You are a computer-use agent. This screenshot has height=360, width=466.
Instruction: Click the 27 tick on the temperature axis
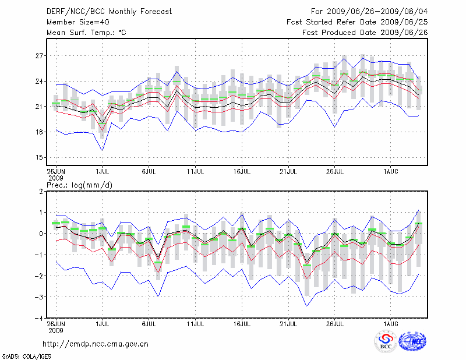click(x=39, y=56)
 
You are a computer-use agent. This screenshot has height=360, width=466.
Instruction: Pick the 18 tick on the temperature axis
click(x=39, y=132)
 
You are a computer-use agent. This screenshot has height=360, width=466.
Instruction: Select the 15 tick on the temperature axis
click(x=39, y=158)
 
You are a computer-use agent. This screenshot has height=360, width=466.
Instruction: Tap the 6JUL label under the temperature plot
click(x=149, y=172)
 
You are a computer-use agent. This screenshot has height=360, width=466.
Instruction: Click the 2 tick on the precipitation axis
click(x=41, y=192)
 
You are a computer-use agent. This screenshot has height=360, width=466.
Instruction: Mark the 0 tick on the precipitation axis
click(x=41, y=234)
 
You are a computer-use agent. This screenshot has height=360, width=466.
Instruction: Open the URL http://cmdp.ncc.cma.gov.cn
click(x=96, y=344)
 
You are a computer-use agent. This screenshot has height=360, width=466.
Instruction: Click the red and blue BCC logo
click(x=386, y=342)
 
